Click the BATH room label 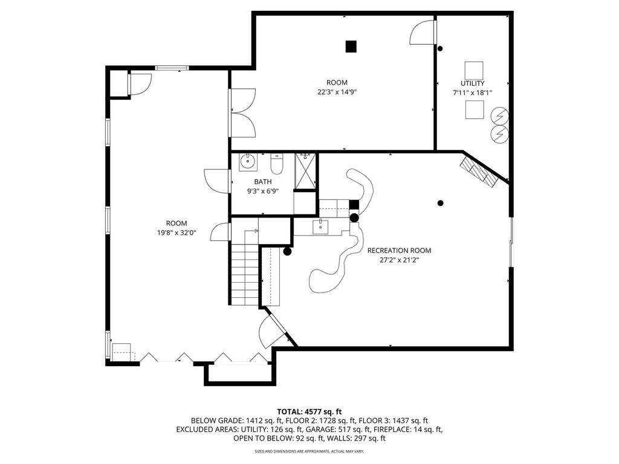262,182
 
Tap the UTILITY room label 473,83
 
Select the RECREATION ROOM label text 399,251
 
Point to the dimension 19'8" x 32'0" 177,233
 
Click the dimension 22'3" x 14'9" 337,92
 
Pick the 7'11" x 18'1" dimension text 473,93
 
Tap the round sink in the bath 248,162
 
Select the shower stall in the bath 305,171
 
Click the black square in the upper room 351,47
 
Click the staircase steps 245,275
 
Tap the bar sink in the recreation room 320,227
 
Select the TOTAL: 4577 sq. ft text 309,412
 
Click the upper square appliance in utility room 474,71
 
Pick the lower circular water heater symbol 499,135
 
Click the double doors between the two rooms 243,113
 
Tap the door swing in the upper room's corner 423,32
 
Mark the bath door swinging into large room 217,181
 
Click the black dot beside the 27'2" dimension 441,203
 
